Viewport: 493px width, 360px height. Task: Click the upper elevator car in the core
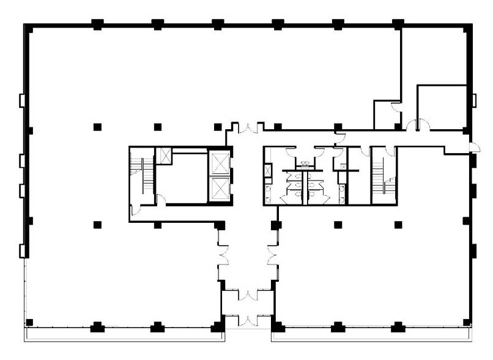pyautogui.click(x=220, y=163)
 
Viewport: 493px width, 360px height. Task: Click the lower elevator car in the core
pyautogui.click(x=220, y=188)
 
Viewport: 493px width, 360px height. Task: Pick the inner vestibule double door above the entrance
pyautogui.click(x=248, y=295)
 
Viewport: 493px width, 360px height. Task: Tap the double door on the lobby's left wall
pyautogui.click(x=222, y=254)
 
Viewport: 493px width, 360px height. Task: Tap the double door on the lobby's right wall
pyautogui.click(x=273, y=254)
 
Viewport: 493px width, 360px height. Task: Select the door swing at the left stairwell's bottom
pyautogui.click(x=136, y=210)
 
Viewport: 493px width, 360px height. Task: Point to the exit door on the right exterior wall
pyautogui.click(x=474, y=146)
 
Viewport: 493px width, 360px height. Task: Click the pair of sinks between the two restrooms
pyautogui.click(x=303, y=163)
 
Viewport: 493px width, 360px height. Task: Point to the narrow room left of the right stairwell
pyautogui.click(x=358, y=178)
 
